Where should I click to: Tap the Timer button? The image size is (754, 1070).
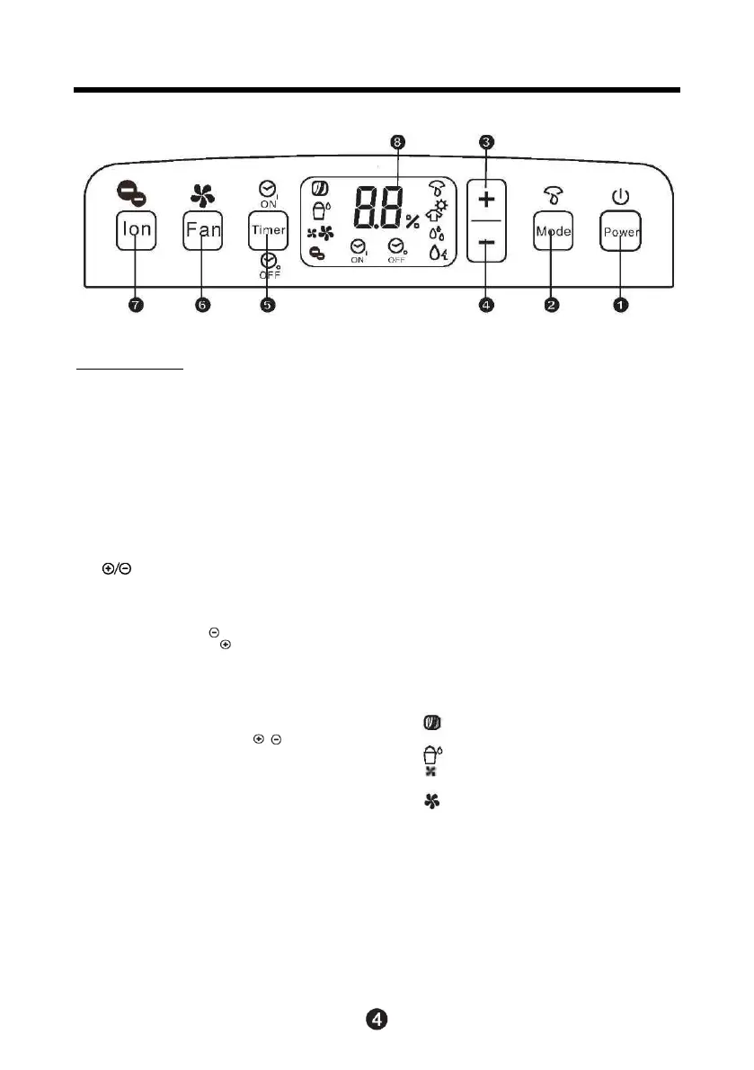pyautogui.click(x=267, y=230)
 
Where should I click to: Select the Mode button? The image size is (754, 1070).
pyautogui.click(x=552, y=231)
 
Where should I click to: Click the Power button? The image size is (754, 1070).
pyautogui.click(x=621, y=231)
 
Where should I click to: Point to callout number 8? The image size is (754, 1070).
pyautogui.click(x=399, y=141)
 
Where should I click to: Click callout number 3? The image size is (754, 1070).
pyautogui.click(x=486, y=141)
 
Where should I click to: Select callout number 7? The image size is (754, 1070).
pyautogui.click(x=136, y=306)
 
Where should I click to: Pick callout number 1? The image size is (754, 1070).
pyautogui.click(x=621, y=306)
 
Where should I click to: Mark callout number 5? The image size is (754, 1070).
pyautogui.click(x=267, y=306)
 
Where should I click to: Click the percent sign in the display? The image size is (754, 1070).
pyautogui.click(x=412, y=221)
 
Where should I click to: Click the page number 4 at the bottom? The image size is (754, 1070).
pyautogui.click(x=377, y=1020)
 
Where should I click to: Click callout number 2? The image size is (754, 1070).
pyautogui.click(x=552, y=306)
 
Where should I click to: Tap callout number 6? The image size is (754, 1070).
pyautogui.click(x=202, y=306)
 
